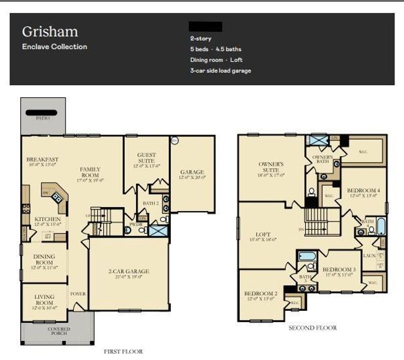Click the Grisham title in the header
pos(50,31)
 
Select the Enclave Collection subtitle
pos(55,47)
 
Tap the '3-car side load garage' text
pos(221,71)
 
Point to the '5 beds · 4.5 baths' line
pos(216,49)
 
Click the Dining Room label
pos(44,260)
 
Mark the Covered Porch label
pos(58,331)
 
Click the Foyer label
pos(78,294)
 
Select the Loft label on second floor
pos(263,236)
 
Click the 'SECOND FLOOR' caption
pos(312,328)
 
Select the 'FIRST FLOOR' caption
pos(123,352)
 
